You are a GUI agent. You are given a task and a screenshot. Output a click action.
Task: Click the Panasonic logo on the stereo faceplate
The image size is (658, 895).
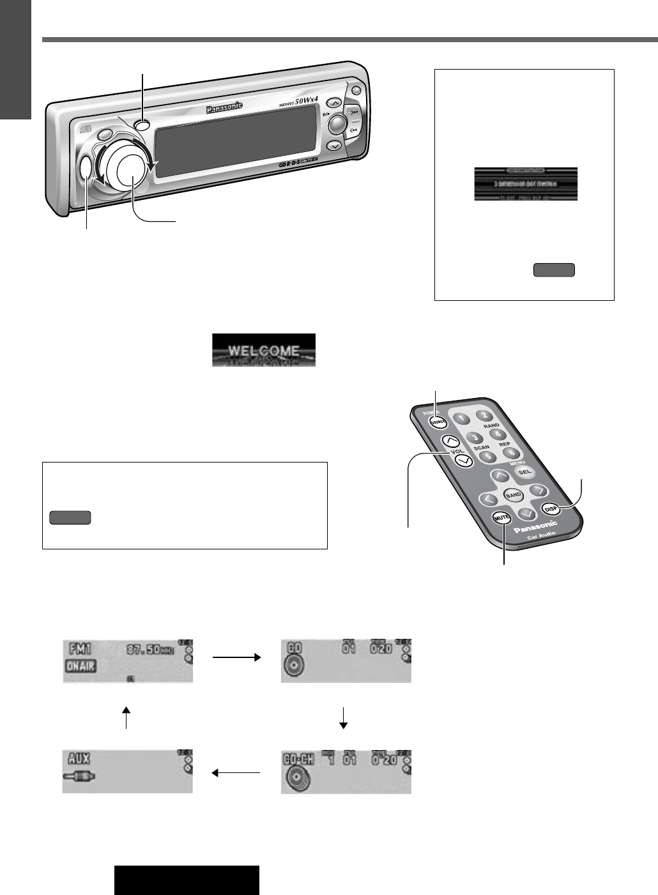224,109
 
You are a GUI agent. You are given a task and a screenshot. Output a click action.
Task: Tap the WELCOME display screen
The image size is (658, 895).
264,350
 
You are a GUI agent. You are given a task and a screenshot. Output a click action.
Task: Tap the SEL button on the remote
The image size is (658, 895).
524,472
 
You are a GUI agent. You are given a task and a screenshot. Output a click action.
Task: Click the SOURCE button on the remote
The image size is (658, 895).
438,423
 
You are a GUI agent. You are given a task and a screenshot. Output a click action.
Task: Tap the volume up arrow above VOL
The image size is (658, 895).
451,441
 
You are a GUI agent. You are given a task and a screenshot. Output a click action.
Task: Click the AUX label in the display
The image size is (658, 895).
77,758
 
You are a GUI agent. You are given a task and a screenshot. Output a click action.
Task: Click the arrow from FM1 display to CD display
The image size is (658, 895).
237,657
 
